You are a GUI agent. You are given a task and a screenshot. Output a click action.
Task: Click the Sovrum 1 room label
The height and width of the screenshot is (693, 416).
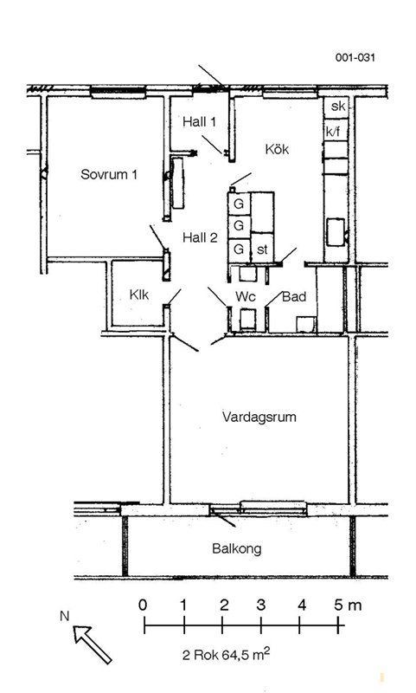click(x=108, y=174)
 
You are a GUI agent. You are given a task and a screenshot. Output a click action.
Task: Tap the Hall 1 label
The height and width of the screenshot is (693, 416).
click(x=200, y=121)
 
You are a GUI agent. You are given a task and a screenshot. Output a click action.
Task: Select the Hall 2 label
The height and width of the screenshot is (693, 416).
click(x=201, y=237)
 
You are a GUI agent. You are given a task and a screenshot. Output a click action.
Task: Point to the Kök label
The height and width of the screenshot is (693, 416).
click(x=277, y=149)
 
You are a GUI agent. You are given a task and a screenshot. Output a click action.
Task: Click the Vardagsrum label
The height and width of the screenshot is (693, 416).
click(x=259, y=418)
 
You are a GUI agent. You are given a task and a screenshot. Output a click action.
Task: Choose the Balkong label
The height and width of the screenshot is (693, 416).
click(x=237, y=549)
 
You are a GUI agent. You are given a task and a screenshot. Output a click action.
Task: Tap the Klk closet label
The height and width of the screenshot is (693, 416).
click(x=139, y=295)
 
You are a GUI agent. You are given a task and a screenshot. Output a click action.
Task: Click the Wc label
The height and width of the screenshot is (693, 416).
click(x=246, y=296)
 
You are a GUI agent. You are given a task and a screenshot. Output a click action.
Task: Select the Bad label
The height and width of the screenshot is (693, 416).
click(x=294, y=296)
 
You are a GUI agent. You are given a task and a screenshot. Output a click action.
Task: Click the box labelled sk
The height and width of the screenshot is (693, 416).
click(x=336, y=107)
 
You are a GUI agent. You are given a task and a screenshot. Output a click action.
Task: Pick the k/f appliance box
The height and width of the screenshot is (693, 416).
click(x=336, y=131)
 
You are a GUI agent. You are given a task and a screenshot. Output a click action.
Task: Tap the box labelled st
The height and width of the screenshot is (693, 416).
click(x=262, y=249)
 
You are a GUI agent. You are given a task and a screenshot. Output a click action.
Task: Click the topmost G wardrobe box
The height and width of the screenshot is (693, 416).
click(x=239, y=204)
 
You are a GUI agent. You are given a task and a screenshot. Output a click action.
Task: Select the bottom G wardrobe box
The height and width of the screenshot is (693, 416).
click(x=239, y=249)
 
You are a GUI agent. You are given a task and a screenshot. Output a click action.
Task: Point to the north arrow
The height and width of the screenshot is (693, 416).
click(x=93, y=644)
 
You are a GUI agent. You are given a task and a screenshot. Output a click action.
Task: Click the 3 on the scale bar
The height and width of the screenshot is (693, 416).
click(x=261, y=605)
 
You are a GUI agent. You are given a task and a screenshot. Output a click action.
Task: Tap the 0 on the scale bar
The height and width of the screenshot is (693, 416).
click(x=143, y=605)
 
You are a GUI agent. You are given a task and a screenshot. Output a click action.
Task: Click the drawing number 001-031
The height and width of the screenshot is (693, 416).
click(x=355, y=57)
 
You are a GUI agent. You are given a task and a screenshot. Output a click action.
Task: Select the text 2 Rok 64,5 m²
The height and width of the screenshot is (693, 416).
click(x=227, y=654)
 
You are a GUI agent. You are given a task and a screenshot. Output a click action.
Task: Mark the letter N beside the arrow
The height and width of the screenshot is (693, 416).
click(x=65, y=616)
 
